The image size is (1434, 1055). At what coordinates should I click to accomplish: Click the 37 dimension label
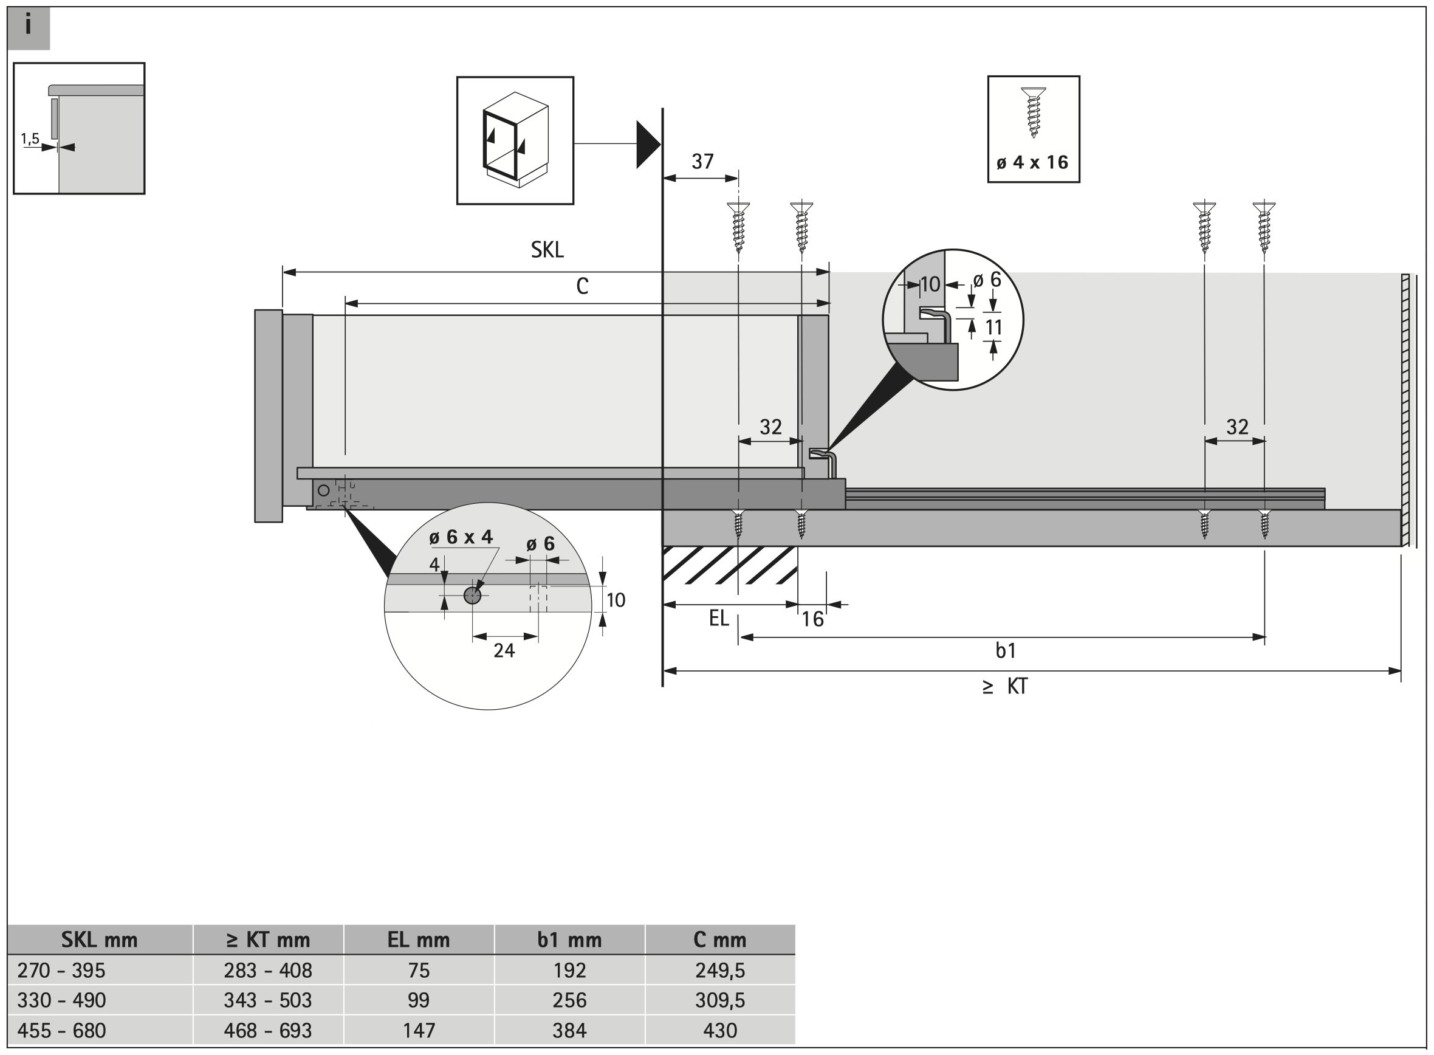coord(702,162)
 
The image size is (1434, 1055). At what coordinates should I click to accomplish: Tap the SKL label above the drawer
coord(547,250)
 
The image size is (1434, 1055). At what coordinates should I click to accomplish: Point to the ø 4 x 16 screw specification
coord(1032,163)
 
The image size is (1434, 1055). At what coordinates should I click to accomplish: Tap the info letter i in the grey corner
coord(28,26)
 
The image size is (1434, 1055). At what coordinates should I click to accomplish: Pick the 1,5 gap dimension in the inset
coord(30,138)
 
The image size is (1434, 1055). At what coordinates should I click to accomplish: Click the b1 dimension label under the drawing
coord(1006,651)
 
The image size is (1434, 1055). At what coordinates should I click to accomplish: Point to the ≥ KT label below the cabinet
coord(1006,687)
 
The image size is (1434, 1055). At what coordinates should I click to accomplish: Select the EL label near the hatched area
coord(718,618)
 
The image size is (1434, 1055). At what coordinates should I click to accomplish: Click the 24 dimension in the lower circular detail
coord(504,650)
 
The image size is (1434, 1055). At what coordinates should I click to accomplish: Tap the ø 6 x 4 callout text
coord(461,537)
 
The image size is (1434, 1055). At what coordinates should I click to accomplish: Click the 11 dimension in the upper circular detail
coord(993,328)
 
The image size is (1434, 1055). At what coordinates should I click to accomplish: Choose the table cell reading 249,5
coord(719,971)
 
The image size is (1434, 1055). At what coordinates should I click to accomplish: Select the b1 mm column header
coord(569,940)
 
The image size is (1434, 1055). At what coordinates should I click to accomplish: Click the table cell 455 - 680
coord(61,1031)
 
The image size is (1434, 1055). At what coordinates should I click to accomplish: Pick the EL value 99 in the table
coord(418,1000)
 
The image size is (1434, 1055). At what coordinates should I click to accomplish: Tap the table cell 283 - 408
coord(267,971)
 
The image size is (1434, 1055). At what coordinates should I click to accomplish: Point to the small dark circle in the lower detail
coord(473,595)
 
